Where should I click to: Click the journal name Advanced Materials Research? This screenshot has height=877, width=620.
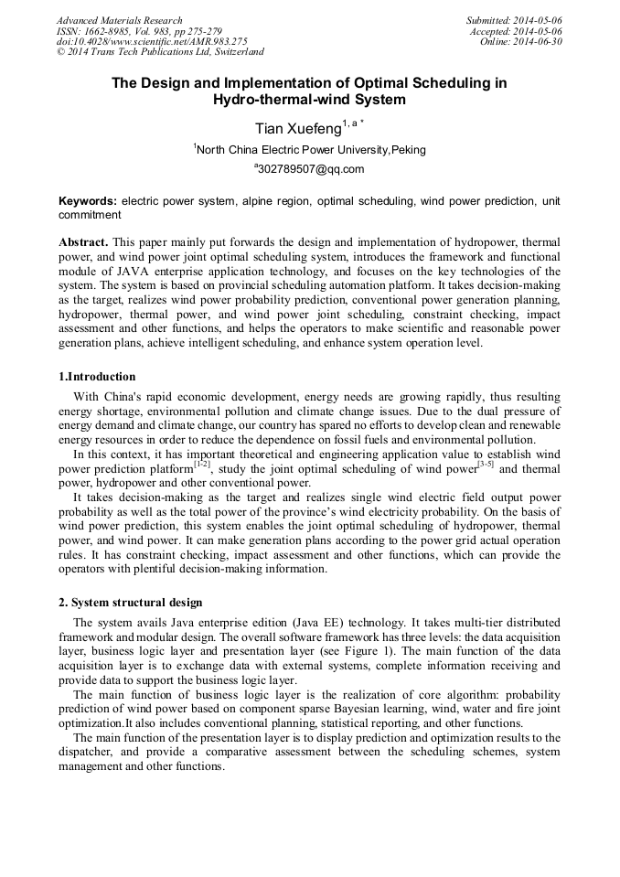coord(119,20)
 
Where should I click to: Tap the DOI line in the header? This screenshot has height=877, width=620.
coord(152,41)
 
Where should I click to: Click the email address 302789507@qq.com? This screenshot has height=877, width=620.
coord(311,169)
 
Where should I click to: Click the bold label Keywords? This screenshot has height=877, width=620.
coord(88,200)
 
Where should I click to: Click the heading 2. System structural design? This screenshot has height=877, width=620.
coord(131,603)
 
